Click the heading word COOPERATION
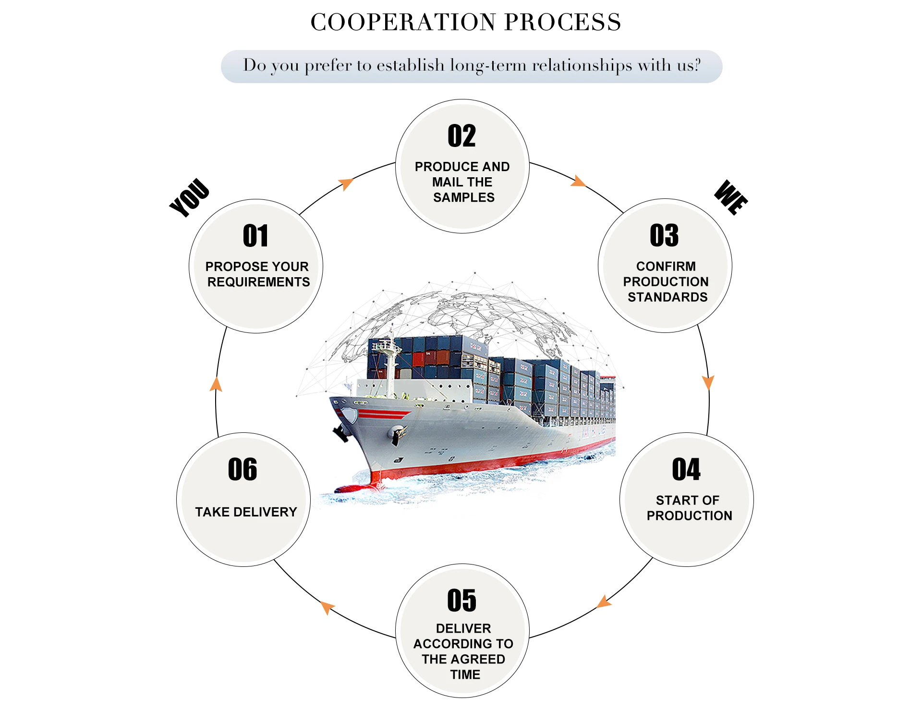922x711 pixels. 403,22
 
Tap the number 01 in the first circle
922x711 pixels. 255,236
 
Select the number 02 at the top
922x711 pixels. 461,136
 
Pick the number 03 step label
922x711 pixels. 664,235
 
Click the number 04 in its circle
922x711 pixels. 686,469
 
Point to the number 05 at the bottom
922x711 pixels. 461,601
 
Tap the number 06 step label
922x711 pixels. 243,469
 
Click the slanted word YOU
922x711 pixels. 190,197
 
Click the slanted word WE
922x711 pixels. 731,197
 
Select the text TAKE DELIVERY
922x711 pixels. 246,512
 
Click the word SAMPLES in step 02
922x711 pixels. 464,197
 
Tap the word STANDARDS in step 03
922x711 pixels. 667,297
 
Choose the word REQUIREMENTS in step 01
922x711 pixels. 258,282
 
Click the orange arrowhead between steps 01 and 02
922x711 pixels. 346,184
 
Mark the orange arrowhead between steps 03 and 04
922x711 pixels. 708,382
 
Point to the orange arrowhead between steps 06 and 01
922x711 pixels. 216,384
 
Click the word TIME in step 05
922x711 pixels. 465,674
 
